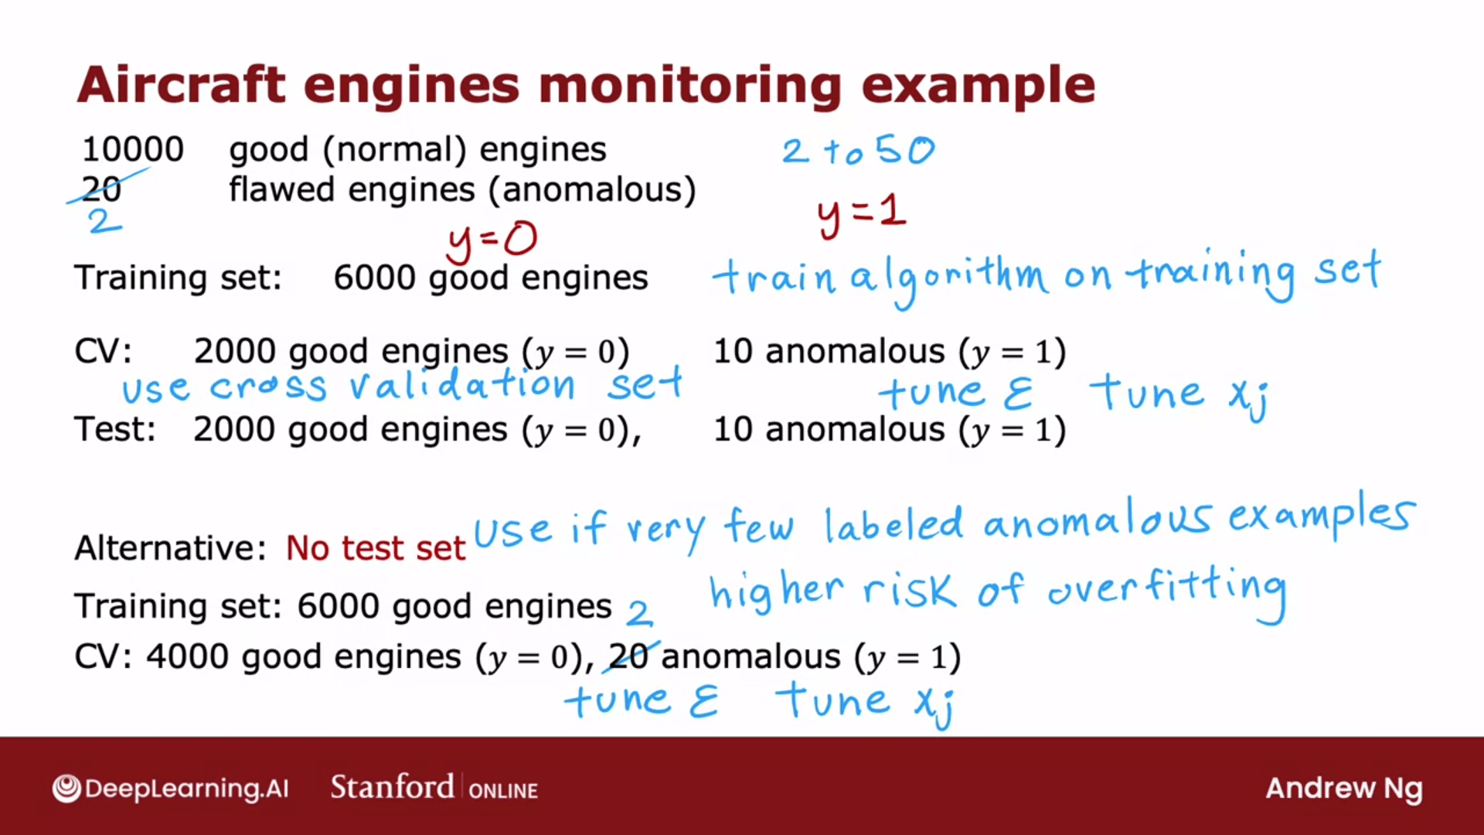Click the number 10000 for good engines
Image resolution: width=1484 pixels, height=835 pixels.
[x=133, y=149]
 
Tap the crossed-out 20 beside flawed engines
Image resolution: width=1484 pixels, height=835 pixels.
[x=102, y=189]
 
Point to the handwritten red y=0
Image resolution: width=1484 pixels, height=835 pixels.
[x=492, y=240]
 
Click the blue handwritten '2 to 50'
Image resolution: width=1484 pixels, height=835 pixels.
[x=858, y=150]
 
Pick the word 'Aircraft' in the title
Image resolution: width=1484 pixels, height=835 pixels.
[x=182, y=84]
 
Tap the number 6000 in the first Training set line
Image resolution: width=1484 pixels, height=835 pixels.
[x=375, y=278]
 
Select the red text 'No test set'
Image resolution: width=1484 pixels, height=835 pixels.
[x=376, y=548]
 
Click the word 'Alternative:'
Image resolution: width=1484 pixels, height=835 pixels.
[x=170, y=548]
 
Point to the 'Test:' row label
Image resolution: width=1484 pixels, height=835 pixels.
[x=115, y=429]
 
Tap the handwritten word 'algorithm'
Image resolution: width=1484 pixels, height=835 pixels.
[x=949, y=276]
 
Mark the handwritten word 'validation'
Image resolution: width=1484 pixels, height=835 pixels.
[x=462, y=384]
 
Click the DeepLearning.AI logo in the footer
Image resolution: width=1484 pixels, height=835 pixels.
[x=171, y=788]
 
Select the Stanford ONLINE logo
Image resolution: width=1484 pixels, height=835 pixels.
[x=434, y=787]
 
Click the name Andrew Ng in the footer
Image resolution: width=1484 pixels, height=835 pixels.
[x=1344, y=789]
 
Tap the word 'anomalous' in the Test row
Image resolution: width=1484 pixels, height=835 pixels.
[x=855, y=429]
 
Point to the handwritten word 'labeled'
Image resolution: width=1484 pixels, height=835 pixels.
[x=893, y=525]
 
